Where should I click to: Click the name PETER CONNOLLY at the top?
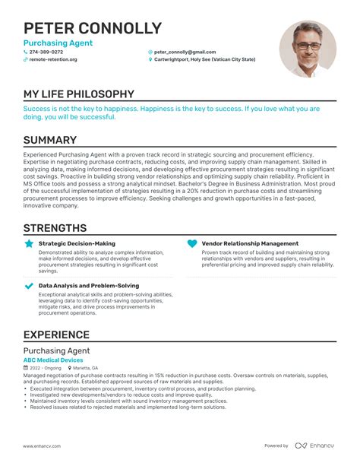click(92, 29)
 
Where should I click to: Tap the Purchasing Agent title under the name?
click(58, 43)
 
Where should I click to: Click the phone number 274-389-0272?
click(46, 52)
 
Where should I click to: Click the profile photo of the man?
click(308, 49)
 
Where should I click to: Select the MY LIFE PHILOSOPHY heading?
click(79, 94)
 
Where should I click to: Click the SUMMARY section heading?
click(50, 140)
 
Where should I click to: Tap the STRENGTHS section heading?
click(55, 228)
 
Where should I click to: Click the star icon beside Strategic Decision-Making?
click(30, 244)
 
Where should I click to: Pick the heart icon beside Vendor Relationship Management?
click(192, 244)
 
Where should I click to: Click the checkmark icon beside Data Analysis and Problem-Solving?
click(30, 286)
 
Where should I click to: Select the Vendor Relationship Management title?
click(250, 244)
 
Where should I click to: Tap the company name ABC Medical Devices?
click(53, 360)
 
